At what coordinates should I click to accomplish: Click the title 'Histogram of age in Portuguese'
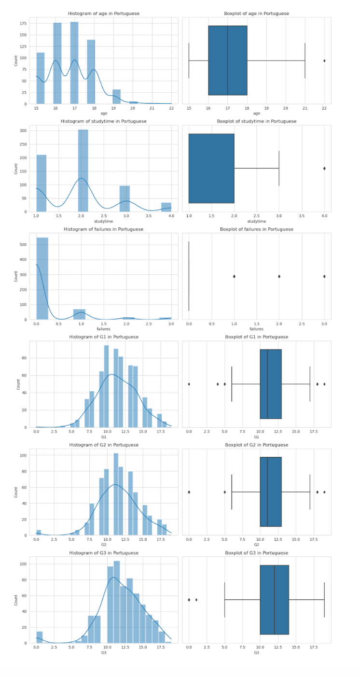[x=103, y=14]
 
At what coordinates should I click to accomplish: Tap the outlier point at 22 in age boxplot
[x=324, y=61]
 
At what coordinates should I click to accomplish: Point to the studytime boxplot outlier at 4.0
[x=324, y=169]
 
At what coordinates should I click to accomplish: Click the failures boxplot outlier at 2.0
[x=279, y=277]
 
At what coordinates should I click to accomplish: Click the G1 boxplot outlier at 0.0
[x=189, y=384]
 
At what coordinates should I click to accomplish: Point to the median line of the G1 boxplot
[x=267, y=384]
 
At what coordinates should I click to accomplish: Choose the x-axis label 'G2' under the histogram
[x=103, y=545]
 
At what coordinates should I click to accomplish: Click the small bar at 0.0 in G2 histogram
[x=39, y=533]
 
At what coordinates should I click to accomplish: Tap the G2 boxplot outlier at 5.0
[x=224, y=492]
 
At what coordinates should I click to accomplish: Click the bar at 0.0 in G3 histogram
[x=40, y=637]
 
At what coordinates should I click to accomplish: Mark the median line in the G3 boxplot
[x=275, y=600]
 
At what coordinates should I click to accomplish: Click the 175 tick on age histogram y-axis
[x=22, y=23]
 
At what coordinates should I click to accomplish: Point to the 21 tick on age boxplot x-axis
[x=305, y=108]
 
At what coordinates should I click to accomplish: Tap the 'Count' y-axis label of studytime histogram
[x=16, y=168]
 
